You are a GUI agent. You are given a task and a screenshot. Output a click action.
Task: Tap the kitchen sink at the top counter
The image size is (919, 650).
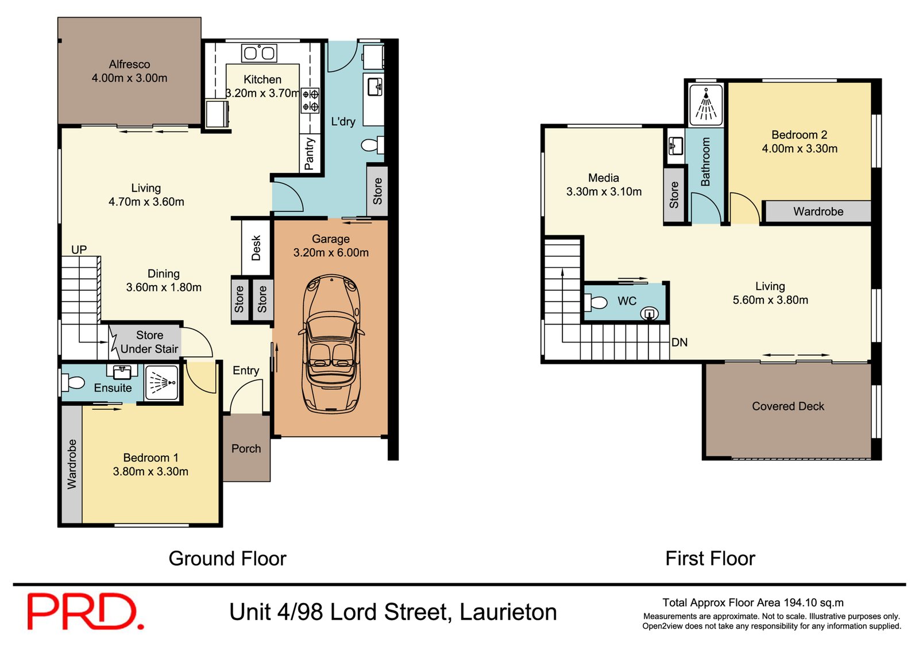[x=259, y=53]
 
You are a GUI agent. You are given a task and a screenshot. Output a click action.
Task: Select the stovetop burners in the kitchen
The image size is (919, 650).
[x=311, y=100]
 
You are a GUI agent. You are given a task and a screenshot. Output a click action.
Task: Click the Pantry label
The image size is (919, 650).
[x=310, y=153]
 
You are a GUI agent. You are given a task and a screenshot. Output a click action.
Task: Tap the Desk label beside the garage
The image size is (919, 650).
[x=256, y=248]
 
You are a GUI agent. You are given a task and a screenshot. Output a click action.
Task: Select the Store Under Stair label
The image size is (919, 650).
[x=149, y=342]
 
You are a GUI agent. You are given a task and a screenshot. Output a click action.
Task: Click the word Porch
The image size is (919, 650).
[x=246, y=449]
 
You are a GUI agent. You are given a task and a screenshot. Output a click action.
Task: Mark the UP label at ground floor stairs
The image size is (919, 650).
[x=79, y=249]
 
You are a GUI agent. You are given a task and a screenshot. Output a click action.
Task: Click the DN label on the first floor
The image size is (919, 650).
[x=679, y=343]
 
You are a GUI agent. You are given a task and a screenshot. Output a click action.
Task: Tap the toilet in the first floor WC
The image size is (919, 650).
[x=597, y=302]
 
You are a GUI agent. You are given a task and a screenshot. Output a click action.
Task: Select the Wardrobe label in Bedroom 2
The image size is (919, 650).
[x=818, y=211]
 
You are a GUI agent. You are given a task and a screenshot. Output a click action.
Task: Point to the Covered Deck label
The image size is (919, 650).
[x=787, y=406]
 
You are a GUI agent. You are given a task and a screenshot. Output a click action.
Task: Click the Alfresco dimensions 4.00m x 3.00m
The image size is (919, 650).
[x=129, y=78]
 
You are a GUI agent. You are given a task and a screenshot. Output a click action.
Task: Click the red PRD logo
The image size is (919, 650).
[x=85, y=611]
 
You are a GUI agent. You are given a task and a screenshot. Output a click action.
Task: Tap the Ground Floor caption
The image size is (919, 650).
[x=227, y=558]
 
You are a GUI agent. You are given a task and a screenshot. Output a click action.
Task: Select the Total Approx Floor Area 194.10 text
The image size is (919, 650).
[x=752, y=603]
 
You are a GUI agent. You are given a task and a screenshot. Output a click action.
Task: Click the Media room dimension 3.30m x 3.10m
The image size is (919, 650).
[x=604, y=191]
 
